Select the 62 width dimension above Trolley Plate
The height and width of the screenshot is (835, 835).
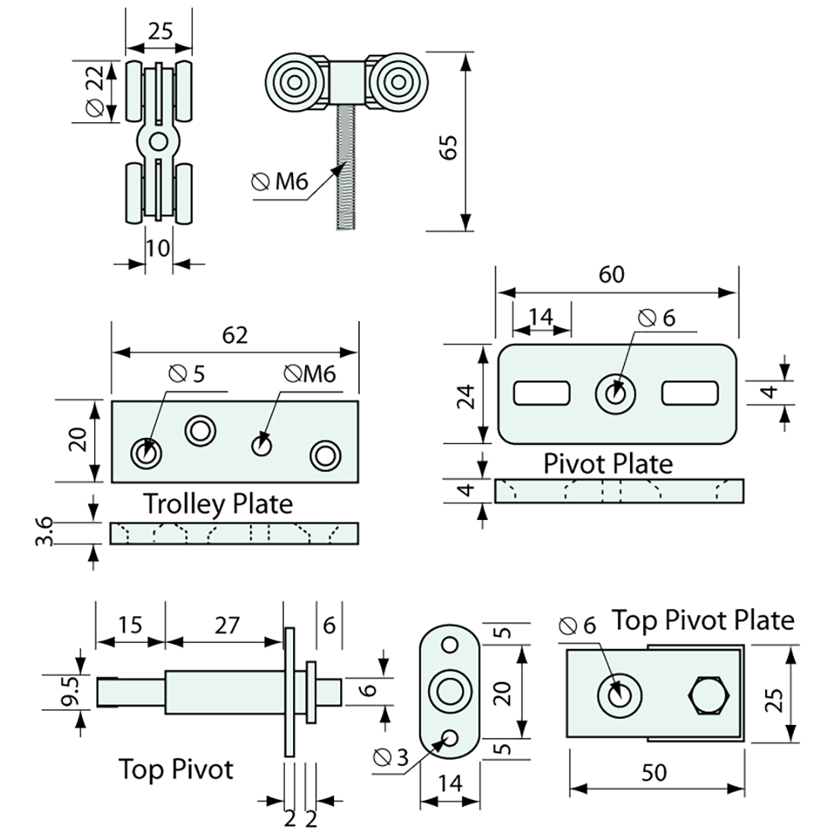coord(235,335)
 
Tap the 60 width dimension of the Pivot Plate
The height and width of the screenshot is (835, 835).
coord(612,274)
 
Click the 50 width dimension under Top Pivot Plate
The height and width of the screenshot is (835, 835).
coord(654,772)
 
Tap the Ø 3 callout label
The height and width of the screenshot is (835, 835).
coord(391,757)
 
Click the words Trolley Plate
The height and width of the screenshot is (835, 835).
coord(218,503)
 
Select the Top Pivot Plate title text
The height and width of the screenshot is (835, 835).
coord(703,620)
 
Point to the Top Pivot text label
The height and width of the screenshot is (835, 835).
coord(175,769)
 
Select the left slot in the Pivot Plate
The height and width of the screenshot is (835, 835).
coord(542,393)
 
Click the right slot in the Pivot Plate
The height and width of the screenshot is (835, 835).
coord(690,393)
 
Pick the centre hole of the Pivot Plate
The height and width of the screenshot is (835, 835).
coord(616,393)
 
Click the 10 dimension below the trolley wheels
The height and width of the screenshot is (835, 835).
coord(158,247)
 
